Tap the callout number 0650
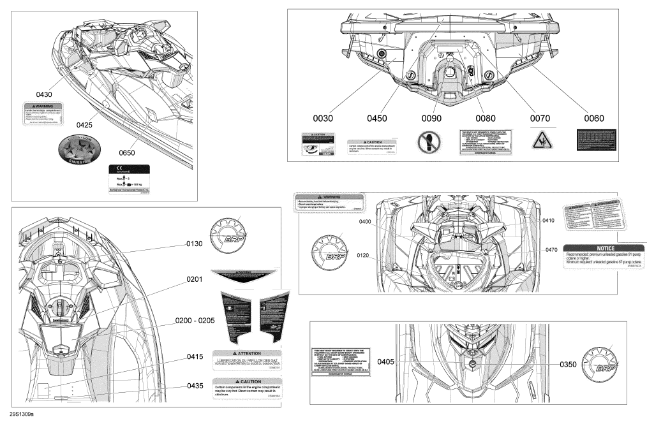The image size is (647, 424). point(131,153)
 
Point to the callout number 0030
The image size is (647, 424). point(323,118)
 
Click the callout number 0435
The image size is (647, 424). point(195,386)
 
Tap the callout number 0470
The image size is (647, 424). point(553,250)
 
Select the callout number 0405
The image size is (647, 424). point(385,362)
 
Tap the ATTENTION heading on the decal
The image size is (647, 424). point(246,353)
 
